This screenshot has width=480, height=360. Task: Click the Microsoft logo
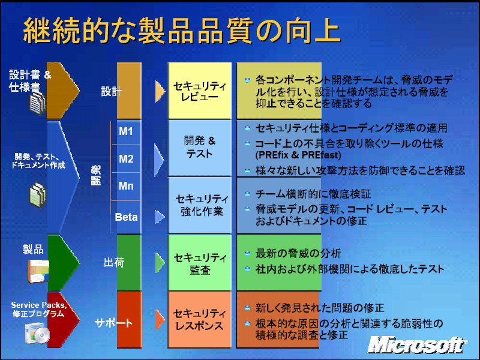(x=417, y=345)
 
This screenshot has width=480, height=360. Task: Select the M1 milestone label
(x=126, y=131)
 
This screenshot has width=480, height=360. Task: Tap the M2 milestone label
(x=126, y=158)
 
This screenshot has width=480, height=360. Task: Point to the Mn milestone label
(x=126, y=185)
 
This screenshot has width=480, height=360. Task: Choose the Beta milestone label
(x=126, y=217)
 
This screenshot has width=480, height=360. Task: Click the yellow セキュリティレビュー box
(x=200, y=91)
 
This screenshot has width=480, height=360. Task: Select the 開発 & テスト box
(x=200, y=148)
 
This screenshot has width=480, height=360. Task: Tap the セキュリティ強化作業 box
(x=200, y=205)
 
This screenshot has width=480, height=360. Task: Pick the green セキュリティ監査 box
(x=200, y=262)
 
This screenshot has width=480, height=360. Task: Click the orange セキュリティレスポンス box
(x=200, y=320)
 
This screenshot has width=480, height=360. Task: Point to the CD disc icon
(x=41, y=335)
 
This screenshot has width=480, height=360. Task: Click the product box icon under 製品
(x=38, y=271)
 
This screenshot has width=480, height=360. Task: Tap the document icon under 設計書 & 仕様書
(x=37, y=103)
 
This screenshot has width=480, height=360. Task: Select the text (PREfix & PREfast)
(x=298, y=155)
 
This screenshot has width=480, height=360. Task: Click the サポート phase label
(x=113, y=323)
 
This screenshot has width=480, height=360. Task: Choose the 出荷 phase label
(x=114, y=262)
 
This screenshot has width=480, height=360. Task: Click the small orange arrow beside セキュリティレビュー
(x=160, y=91)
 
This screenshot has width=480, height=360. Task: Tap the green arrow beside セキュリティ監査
(x=160, y=262)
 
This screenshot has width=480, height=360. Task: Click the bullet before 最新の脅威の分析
(x=247, y=253)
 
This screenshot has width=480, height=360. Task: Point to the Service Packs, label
(x=38, y=305)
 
